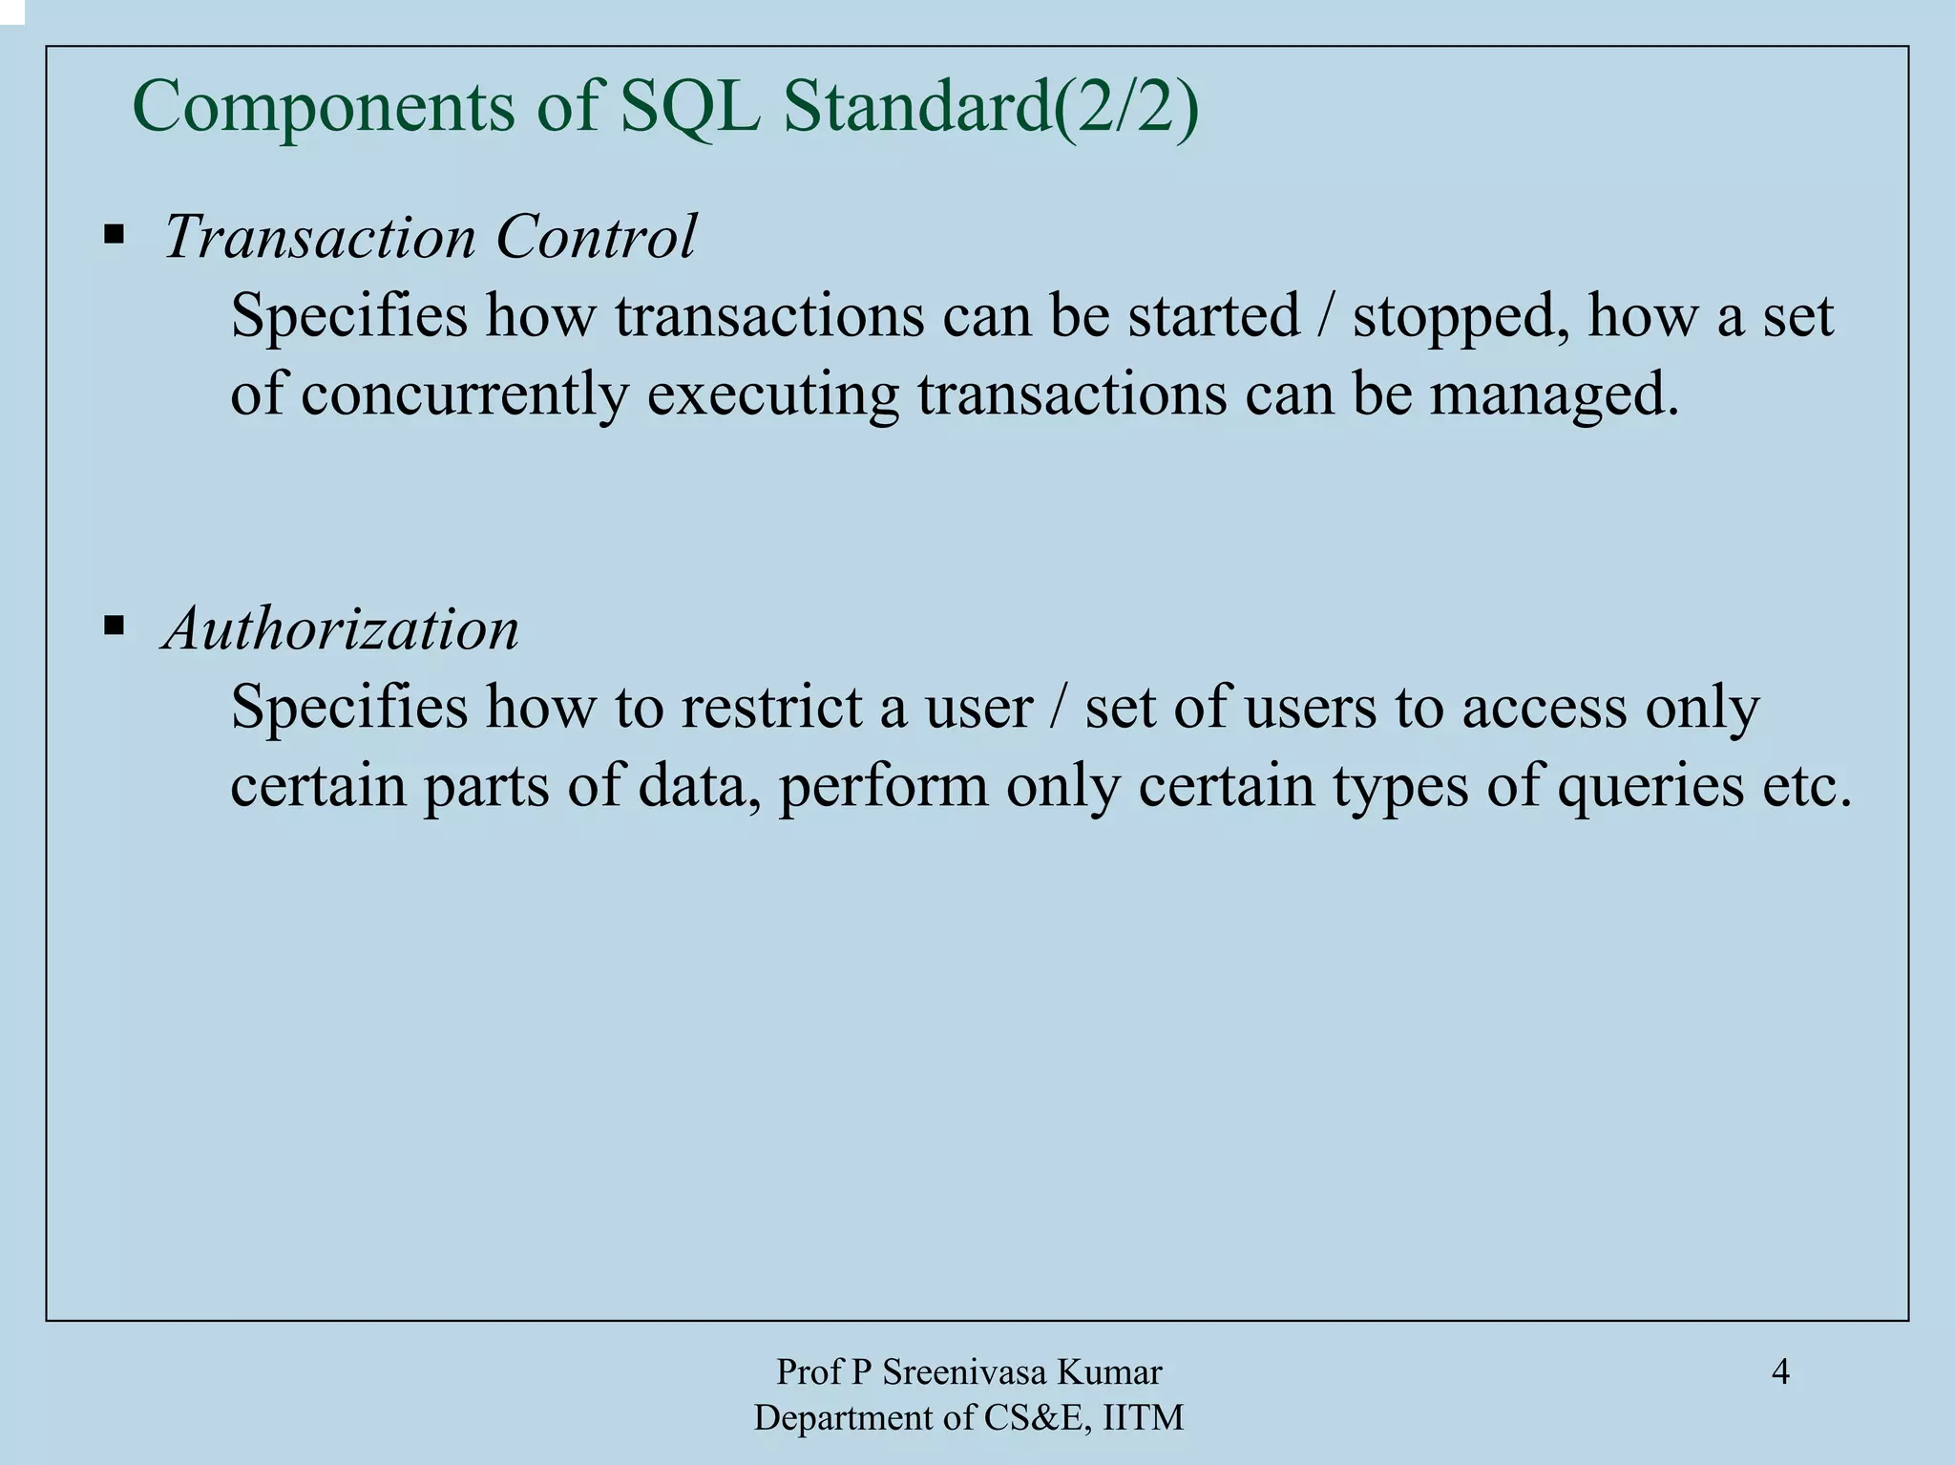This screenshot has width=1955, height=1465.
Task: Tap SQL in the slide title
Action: (689, 108)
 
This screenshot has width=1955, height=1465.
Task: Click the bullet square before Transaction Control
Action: (115, 234)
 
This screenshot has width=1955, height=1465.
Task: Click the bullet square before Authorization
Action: (115, 626)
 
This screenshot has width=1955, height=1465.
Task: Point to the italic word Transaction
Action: (320, 236)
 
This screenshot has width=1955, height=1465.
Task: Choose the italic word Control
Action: (597, 236)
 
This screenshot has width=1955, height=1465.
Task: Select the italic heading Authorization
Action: (342, 629)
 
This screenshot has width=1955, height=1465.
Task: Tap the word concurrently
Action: (465, 394)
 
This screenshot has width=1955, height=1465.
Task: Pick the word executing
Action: (772, 394)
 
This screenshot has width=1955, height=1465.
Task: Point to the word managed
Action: (1553, 394)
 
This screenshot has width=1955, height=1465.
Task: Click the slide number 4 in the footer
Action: (1780, 1372)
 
